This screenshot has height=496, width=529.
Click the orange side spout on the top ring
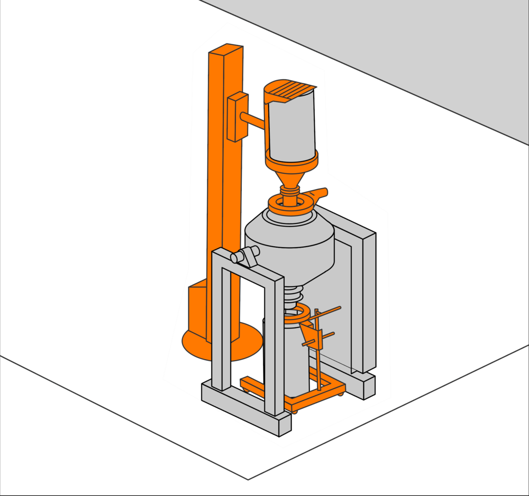[x=317, y=194]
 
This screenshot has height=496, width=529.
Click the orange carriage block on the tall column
[x=237, y=117]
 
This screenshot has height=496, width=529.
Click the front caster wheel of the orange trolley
[x=294, y=410]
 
